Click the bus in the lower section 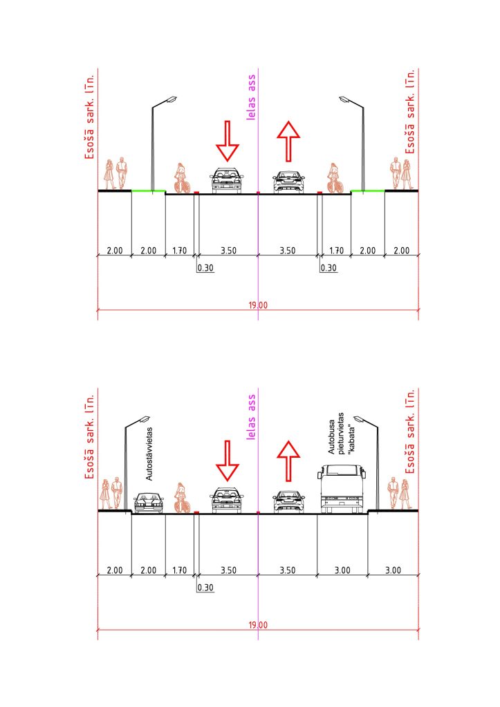(x=342, y=490)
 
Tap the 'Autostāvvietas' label (x=149, y=454)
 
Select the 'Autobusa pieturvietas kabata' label (x=342, y=434)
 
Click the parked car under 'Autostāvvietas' (x=148, y=503)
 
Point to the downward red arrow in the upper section (x=228, y=141)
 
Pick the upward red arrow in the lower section (x=288, y=461)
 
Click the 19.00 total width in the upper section (x=258, y=305)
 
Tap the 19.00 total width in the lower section (x=258, y=625)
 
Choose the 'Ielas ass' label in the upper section (x=251, y=97)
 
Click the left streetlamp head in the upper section (x=172, y=99)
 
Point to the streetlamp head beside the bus (x=360, y=419)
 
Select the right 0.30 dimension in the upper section (x=328, y=268)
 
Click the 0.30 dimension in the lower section (x=205, y=588)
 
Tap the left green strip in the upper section (x=148, y=191)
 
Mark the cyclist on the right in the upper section (x=335, y=179)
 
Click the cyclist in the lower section (x=182, y=498)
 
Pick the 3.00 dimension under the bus (x=342, y=570)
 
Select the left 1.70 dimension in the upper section (x=179, y=251)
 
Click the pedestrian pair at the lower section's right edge (x=400, y=494)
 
